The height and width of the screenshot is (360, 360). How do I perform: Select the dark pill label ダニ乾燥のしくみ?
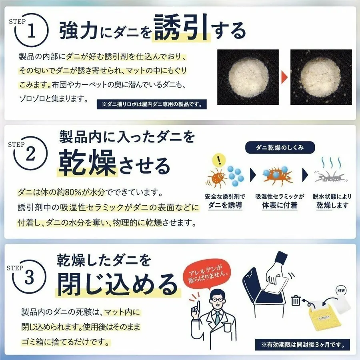[x=280, y=147]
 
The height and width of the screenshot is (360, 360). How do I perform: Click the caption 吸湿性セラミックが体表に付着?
[x=280, y=201]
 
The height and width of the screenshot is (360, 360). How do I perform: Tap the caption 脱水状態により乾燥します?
[x=333, y=201]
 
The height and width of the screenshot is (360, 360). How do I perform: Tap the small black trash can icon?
[x=296, y=300]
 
